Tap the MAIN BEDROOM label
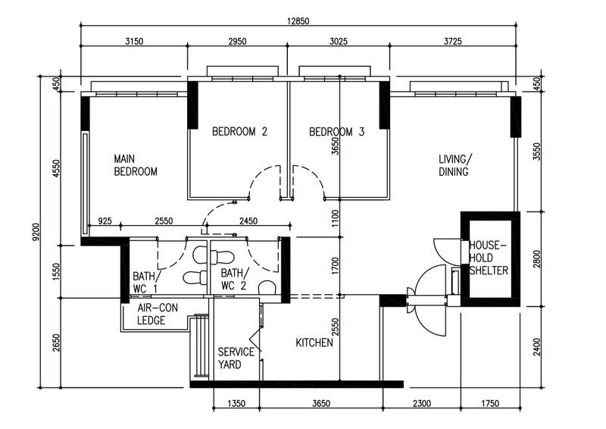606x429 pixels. click(136, 165)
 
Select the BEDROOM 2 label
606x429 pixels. click(239, 131)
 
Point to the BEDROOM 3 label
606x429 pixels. click(337, 131)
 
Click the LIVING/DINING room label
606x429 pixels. click(454, 165)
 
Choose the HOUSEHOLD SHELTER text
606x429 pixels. click(489, 258)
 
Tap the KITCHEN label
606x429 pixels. click(314, 343)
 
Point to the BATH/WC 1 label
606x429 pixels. click(145, 282)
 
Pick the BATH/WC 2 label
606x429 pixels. click(233, 279)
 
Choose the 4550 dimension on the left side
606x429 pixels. click(55, 166)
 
